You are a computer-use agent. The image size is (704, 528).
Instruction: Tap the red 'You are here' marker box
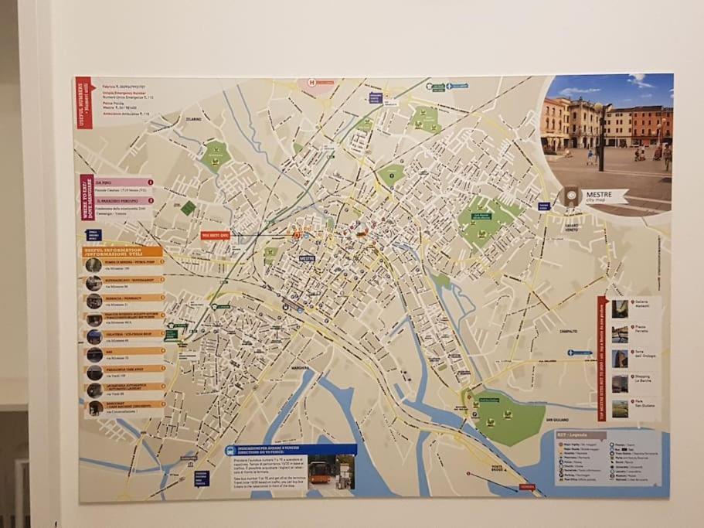click(x=216, y=235)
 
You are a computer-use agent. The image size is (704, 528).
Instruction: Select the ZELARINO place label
click(x=192, y=121)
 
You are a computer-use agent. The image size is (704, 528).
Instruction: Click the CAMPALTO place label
click(x=569, y=331)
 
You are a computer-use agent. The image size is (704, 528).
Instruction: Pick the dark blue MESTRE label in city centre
click(x=307, y=258)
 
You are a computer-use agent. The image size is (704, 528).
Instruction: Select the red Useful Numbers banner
click(x=84, y=103)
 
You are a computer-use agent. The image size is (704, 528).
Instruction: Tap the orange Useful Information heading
click(x=124, y=251)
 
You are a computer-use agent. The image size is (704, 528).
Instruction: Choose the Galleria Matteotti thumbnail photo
click(x=620, y=308)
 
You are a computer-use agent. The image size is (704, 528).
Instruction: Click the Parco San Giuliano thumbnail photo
click(x=620, y=408)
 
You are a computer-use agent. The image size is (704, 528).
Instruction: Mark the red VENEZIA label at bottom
click(x=527, y=487)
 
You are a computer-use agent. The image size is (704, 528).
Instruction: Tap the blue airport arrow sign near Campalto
click(x=580, y=353)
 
